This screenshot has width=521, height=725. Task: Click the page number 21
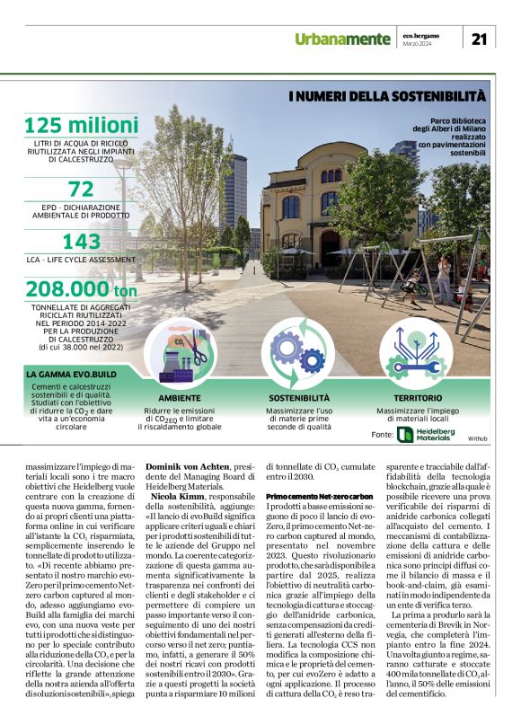[480, 38]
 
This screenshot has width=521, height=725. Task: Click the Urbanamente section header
[345, 38]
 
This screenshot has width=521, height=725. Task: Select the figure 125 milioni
[81, 126]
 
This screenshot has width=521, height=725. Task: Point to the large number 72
[81, 189]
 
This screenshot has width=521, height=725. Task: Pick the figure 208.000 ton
[81, 289]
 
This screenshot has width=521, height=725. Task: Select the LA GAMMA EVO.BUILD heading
[72, 373]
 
